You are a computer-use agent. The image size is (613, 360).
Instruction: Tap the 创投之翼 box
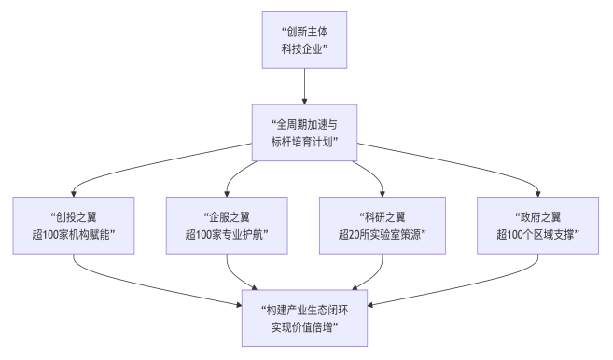click(x=74, y=224)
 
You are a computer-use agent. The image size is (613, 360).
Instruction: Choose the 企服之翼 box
click(x=228, y=224)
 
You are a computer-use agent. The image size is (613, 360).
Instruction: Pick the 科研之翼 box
click(x=382, y=224)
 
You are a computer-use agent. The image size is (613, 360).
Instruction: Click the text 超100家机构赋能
click(x=74, y=234)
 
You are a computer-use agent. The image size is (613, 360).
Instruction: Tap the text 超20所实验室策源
click(x=382, y=234)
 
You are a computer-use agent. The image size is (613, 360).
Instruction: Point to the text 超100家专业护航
click(x=228, y=234)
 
